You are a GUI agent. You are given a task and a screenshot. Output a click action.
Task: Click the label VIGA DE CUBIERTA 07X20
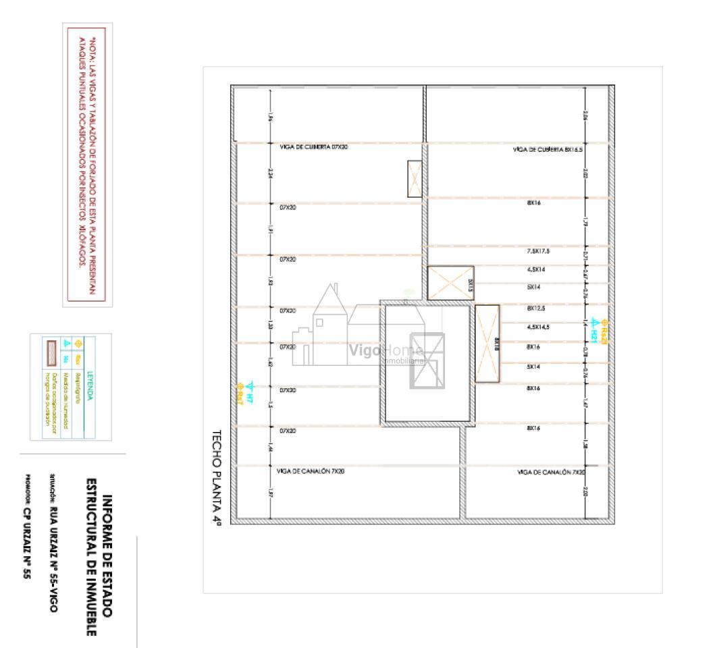[313, 146]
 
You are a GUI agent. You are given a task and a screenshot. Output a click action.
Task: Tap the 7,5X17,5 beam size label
[538, 251]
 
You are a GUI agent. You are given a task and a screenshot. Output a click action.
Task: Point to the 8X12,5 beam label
[537, 308]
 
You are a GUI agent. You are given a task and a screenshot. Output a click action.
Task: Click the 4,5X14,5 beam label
[538, 327]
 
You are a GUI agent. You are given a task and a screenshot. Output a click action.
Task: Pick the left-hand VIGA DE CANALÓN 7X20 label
[312, 470]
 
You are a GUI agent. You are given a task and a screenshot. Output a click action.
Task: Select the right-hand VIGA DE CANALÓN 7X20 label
[550, 473]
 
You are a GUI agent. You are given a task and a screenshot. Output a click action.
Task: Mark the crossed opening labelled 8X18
[487, 344]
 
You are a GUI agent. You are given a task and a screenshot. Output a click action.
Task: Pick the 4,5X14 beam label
[537, 270]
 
